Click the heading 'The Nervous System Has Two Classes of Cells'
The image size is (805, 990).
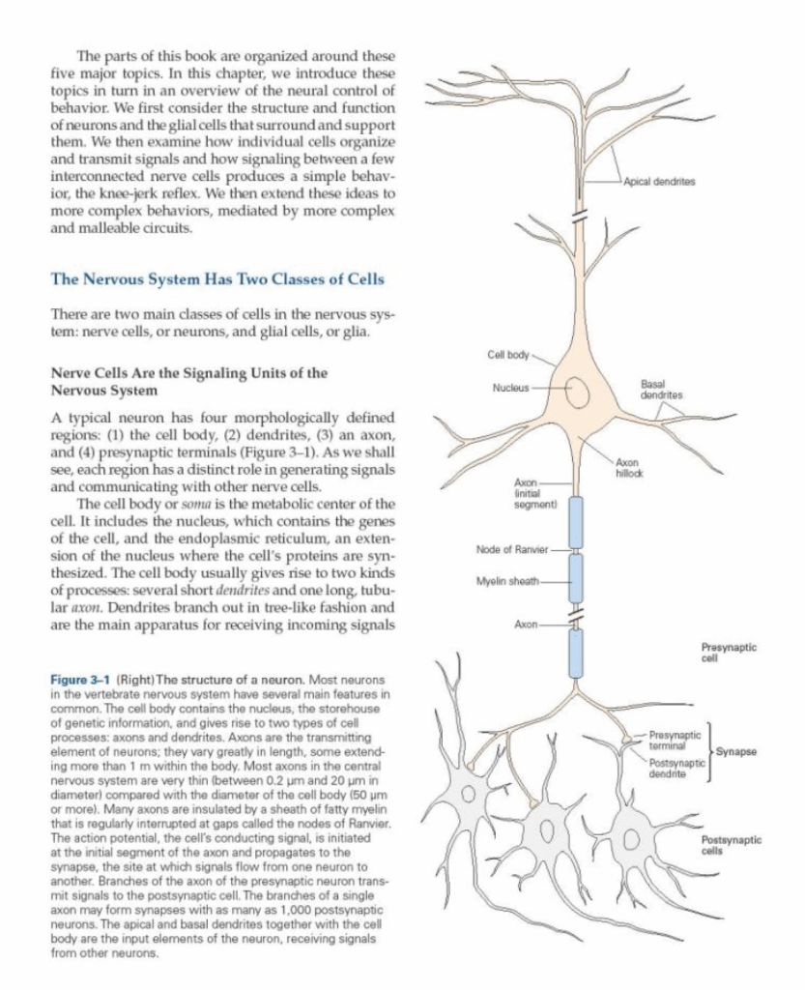216,279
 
